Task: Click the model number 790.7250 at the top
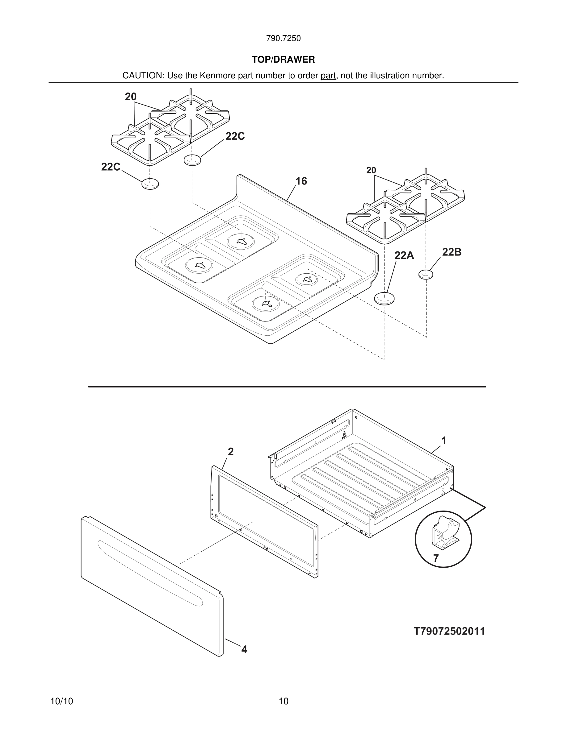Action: click(283, 39)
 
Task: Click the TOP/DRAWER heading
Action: click(283, 60)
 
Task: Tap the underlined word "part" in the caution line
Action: click(328, 76)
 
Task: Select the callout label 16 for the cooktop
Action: click(301, 181)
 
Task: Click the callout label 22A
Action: click(404, 256)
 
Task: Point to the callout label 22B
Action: click(451, 252)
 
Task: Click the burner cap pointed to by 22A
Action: click(384, 298)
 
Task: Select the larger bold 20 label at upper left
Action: click(131, 97)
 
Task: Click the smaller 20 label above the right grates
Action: click(371, 171)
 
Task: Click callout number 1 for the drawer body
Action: click(444, 441)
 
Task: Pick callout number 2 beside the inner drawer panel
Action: click(230, 452)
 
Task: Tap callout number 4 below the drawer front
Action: click(244, 649)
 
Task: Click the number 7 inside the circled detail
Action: click(436, 558)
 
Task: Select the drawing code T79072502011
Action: click(449, 631)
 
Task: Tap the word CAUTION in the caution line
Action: click(142, 76)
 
